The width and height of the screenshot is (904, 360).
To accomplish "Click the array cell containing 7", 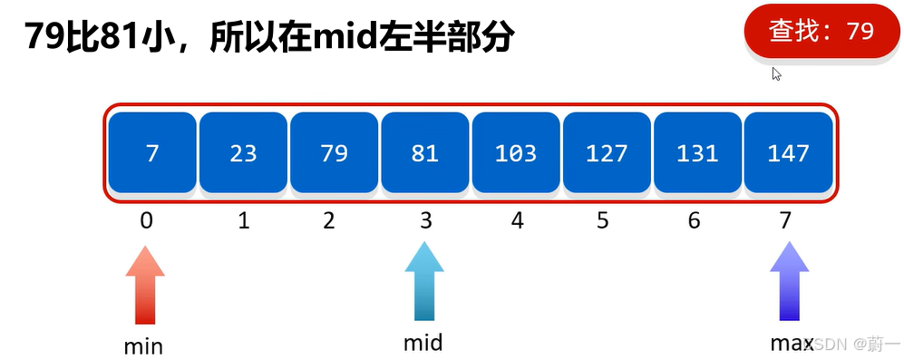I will click(151, 152).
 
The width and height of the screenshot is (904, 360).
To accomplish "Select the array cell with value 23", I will click(243, 152).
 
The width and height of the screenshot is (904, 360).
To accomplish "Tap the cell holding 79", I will click(334, 152).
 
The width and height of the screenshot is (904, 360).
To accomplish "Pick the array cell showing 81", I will click(424, 152).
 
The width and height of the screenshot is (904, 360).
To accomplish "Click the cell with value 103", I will click(516, 152).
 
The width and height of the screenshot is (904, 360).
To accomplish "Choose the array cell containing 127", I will click(607, 152).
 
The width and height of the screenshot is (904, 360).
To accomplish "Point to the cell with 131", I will click(697, 152).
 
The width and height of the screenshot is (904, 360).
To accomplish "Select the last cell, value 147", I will click(788, 152).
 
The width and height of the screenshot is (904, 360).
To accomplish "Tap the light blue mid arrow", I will click(424, 281).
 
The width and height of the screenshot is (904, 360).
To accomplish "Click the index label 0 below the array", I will click(147, 220).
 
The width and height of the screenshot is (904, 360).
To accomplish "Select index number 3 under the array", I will click(424, 220).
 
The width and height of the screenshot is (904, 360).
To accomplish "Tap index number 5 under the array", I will click(603, 220).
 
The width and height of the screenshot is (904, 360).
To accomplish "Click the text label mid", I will click(423, 343).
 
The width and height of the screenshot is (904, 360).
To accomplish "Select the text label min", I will click(143, 345).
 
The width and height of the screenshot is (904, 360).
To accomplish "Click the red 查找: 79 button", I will click(821, 32).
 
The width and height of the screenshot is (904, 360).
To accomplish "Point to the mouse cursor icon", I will click(776, 73).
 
